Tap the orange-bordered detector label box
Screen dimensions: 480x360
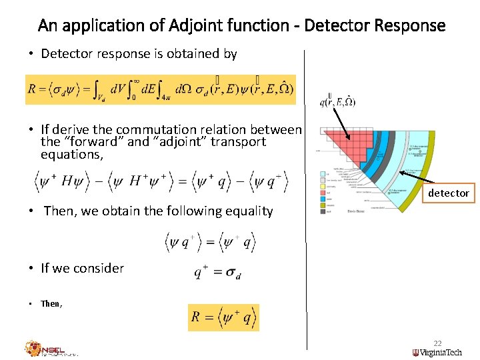[x=448, y=193]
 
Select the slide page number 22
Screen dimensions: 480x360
[x=437, y=343]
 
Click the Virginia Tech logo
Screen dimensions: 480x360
[x=440, y=352]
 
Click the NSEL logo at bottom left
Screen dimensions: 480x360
[x=51, y=348]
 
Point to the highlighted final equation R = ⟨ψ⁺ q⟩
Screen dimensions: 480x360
[x=223, y=317]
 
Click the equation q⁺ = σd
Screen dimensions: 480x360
[x=217, y=272]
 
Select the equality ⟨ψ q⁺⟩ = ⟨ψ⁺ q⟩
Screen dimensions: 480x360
[x=211, y=241]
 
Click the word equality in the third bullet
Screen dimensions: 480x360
[x=247, y=211]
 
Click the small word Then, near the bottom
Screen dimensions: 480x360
[x=51, y=303]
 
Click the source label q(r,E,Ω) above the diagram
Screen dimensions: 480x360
[x=337, y=102]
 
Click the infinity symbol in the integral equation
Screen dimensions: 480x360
[x=136, y=81]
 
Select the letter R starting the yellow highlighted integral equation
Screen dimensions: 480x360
[x=32, y=89]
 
